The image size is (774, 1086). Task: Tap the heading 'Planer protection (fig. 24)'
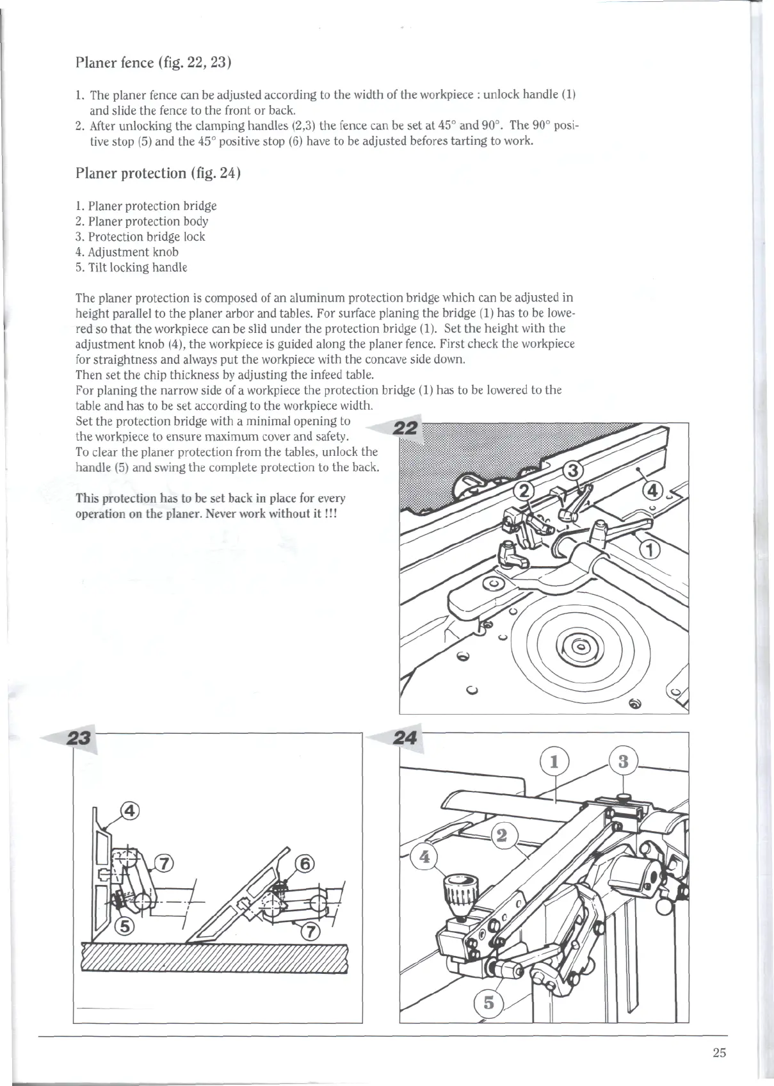tap(157, 174)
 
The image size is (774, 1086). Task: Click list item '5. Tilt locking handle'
tap(131, 268)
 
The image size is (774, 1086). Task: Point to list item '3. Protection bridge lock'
tap(140, 237)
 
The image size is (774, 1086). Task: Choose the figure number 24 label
tap(406, 738)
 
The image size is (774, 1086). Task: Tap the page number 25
tap(719, 1053)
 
